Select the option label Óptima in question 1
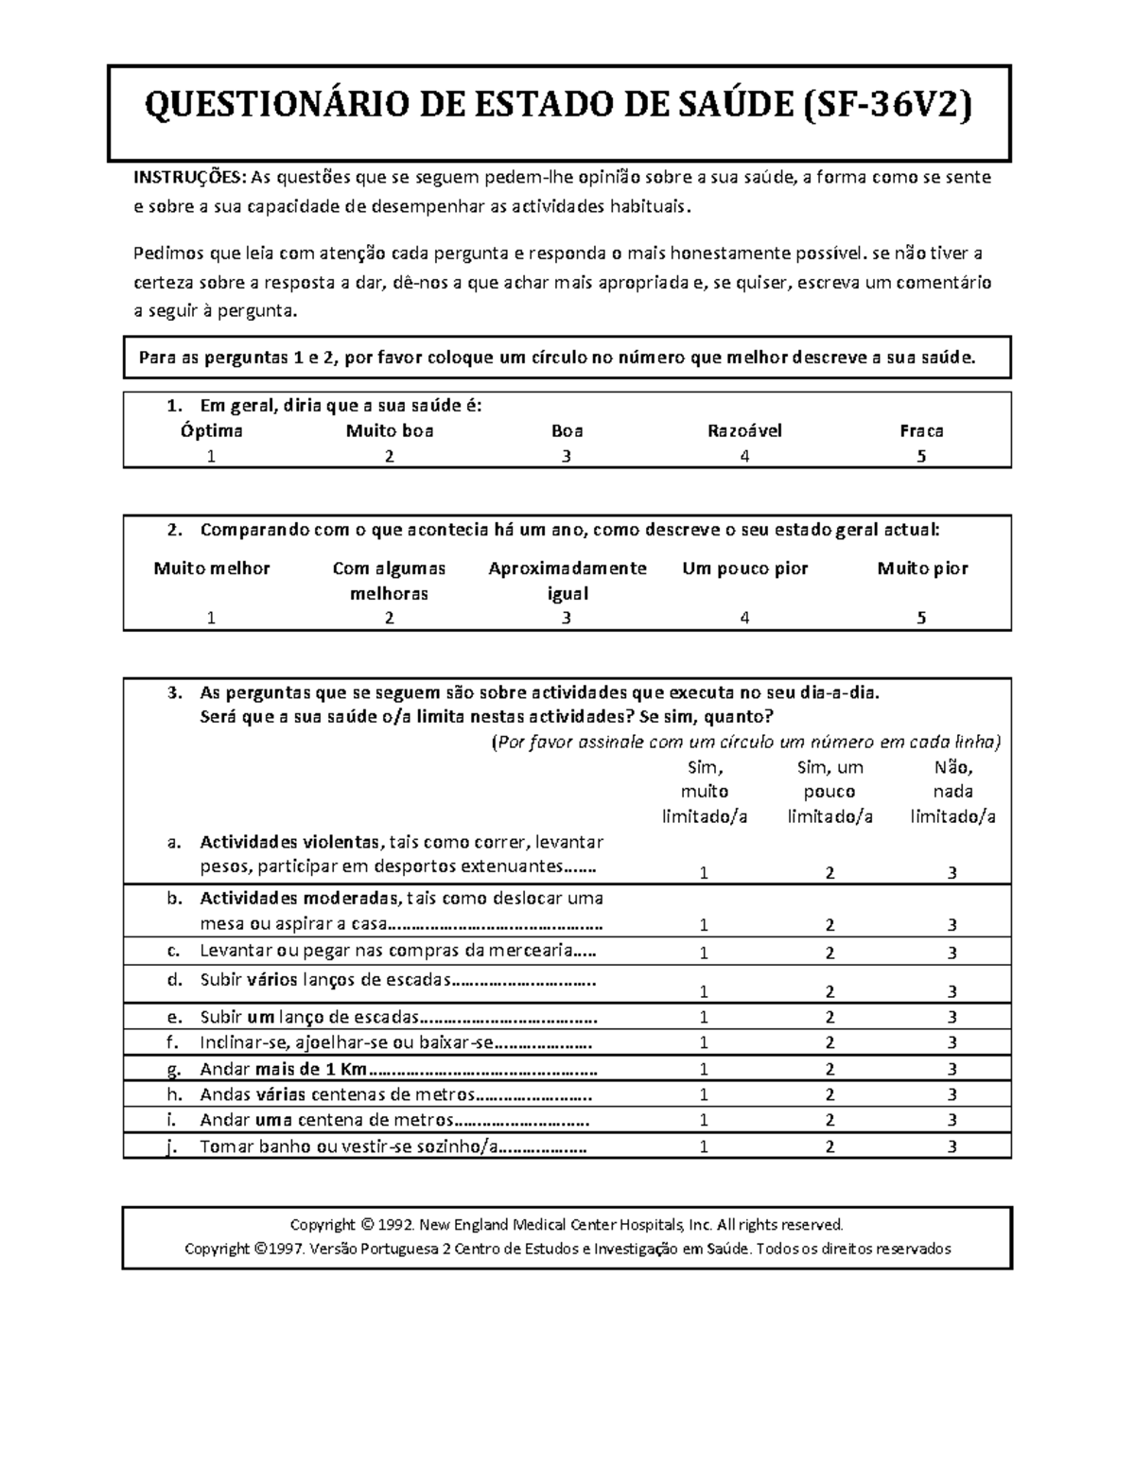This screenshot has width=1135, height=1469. [x=212, y=431]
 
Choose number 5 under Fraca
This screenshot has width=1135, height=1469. [x=921, y=456]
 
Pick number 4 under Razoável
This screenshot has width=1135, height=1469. [x=745, y=456]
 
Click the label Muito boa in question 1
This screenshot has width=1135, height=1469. [x=389, y=431]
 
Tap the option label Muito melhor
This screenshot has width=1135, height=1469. [x=212, y=568]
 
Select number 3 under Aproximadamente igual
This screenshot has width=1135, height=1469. [x=567, y=619]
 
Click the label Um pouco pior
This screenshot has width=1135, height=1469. [x=745, y=568]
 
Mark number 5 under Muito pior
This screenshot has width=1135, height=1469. [x=921, y=619]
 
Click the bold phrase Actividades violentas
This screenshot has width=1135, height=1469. [x=288, y=842]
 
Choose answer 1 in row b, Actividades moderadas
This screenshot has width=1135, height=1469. [x=704, y=925]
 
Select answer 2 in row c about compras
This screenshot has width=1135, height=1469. [x=829, y=953]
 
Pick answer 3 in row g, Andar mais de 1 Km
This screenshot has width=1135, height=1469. [x=952, y=1070]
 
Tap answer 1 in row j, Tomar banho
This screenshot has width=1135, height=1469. [x=704, y=1146]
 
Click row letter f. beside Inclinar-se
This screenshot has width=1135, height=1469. [x=172, y=1043]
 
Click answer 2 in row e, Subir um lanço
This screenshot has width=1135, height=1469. [x=829, y=1018]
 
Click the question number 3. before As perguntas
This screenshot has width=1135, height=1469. [x=173, y=692]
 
